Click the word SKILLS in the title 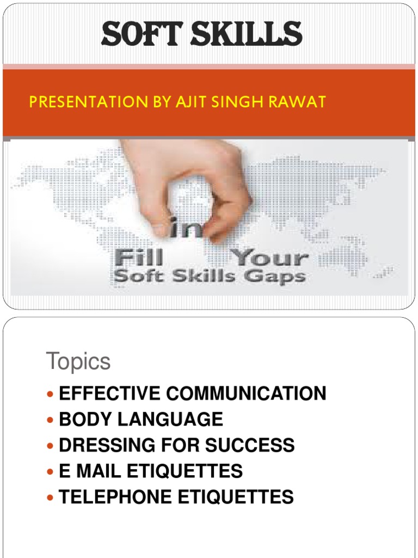coord(247,33)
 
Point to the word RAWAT coord(297,102)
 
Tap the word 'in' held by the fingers coord(186,228)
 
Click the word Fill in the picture coord(139,257)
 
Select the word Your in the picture coord(270,257)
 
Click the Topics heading coord(78,362)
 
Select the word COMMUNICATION coord(246,393)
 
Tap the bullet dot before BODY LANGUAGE coord(50,420)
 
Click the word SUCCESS coord(250,445)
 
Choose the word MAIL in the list coord(99,471)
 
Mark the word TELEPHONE coord(115,497)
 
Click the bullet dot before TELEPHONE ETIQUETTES coord(50,498)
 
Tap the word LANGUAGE coord(170,419)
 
